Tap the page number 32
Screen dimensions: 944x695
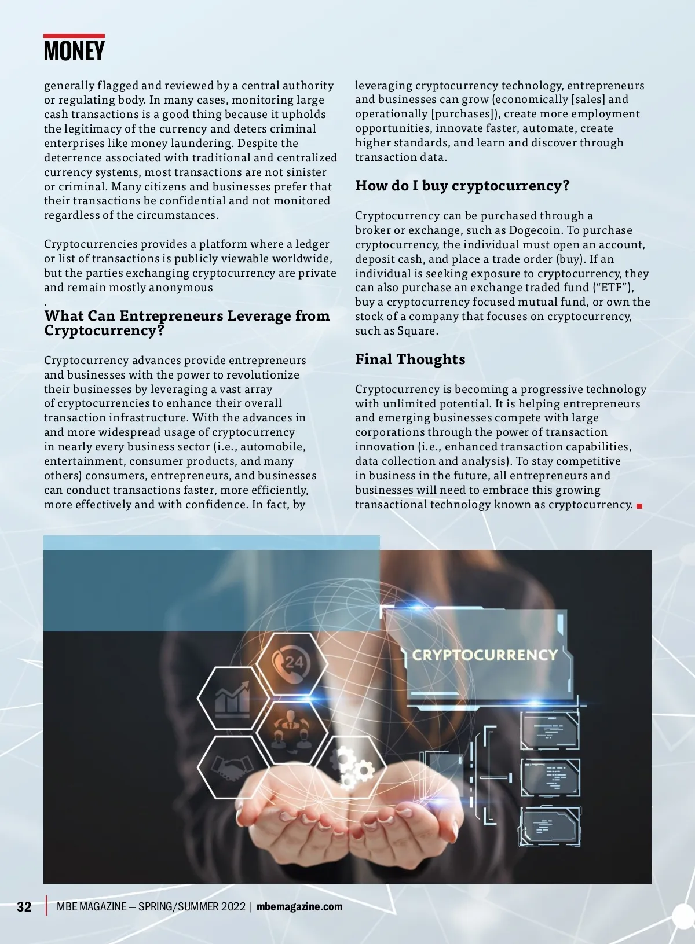24,906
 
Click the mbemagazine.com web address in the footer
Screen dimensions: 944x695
299,906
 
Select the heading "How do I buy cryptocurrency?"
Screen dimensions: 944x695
462,186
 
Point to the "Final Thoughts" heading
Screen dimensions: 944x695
410,359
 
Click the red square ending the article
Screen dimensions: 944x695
639,506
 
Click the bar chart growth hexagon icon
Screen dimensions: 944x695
233,698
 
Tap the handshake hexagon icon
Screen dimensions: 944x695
232,767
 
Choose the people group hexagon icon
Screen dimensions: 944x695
290,732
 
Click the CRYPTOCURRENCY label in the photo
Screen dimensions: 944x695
484,655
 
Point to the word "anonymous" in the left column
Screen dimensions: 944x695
181,288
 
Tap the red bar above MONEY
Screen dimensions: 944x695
74,36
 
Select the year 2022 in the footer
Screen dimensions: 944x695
233,906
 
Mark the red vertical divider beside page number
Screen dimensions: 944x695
46,906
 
